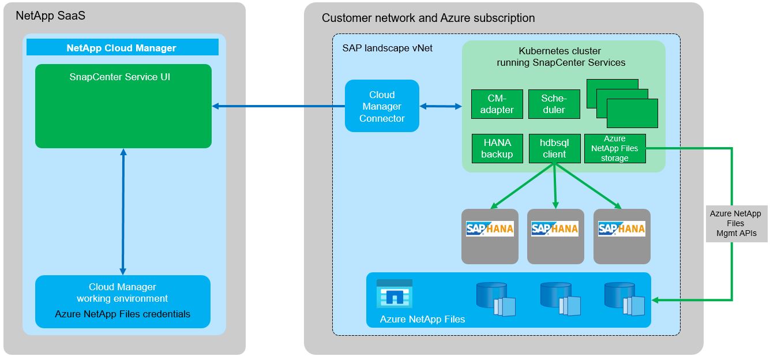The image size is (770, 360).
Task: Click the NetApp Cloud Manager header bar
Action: (122, 48)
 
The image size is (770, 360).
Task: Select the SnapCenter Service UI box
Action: (123, 106)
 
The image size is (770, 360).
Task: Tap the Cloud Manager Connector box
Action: (382, 106)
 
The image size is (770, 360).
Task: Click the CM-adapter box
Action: (497, 104)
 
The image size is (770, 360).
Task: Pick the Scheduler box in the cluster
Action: (553, 104)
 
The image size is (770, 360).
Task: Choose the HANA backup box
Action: (497, 148)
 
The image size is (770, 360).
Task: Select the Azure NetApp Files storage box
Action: (614, 148)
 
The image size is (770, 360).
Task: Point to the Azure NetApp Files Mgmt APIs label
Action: (735, 223)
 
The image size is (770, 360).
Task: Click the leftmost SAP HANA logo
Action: (490, 229)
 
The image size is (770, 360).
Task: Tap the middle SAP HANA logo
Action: (555, 229)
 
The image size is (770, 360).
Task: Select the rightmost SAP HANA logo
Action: (621, 229)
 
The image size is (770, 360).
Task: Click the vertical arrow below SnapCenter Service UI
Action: (122, 211)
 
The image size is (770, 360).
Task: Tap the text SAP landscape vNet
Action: (387, 48)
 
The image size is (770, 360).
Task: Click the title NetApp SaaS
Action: (51, 16)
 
